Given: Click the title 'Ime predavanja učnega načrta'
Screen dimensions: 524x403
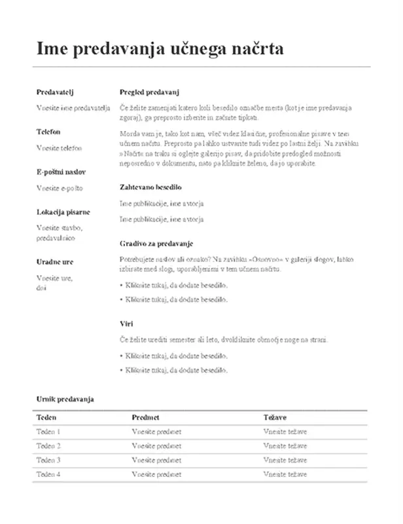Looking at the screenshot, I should (x=160, y=49).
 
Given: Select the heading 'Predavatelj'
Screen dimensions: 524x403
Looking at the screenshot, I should (x=54, y=92).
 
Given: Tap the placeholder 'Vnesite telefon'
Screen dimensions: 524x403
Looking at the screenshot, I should (x=59, y=148).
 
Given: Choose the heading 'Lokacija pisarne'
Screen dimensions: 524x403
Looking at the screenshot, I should (x=63, y=212).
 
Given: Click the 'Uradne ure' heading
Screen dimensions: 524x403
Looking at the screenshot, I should (x=55, y=262).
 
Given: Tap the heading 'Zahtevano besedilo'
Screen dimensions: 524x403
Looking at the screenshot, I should (x=151, y=187).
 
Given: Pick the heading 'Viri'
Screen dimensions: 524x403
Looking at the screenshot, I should (x=127, y=324).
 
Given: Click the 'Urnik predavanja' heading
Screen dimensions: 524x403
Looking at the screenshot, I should (x=65, y=398).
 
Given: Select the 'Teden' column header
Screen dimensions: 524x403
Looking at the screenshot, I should (x=46, y=417).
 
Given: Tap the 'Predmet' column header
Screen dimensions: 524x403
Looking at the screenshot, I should (x=146, y=417).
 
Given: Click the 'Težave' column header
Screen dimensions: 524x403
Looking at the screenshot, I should (x=275, y=417).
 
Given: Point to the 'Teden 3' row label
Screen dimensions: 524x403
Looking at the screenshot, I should (x=49, y=460).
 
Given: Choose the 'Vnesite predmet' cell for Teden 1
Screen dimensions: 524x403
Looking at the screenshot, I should (x=156, y=432).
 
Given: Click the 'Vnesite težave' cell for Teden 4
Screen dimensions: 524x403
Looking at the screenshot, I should (x=285, y=474).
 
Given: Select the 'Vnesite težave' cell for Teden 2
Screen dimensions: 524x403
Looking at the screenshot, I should (x=285, y=446).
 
